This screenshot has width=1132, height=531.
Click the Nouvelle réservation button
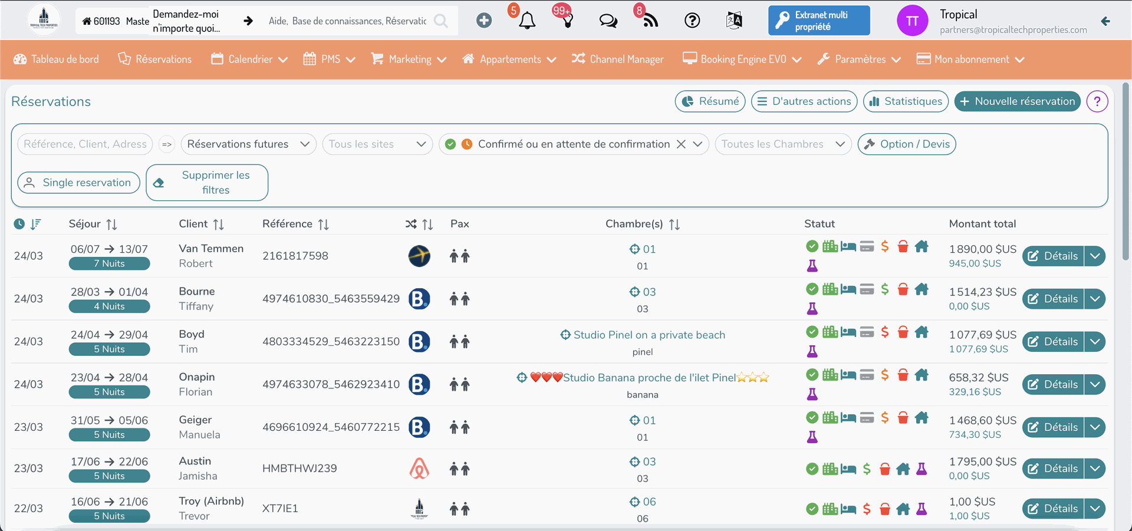1017,101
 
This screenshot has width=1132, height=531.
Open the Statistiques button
906,101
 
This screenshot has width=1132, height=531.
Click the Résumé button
710,101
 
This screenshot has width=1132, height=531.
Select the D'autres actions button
804,101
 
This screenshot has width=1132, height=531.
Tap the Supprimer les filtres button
207,183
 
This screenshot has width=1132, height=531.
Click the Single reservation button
78,183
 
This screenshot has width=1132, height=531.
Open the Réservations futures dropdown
248,144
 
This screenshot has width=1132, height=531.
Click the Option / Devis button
907,144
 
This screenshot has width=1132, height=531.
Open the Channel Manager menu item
618,60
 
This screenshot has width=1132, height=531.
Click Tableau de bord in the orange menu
57,60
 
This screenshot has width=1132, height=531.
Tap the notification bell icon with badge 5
527,21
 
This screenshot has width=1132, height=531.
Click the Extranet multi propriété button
819,21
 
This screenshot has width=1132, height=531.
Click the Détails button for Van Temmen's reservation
1053,256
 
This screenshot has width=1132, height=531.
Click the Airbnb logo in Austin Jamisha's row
419,469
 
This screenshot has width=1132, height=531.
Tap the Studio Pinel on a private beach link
649,335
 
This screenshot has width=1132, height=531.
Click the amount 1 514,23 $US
982,292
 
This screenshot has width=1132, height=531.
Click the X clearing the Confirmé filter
681,144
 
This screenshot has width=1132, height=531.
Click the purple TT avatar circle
912,21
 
